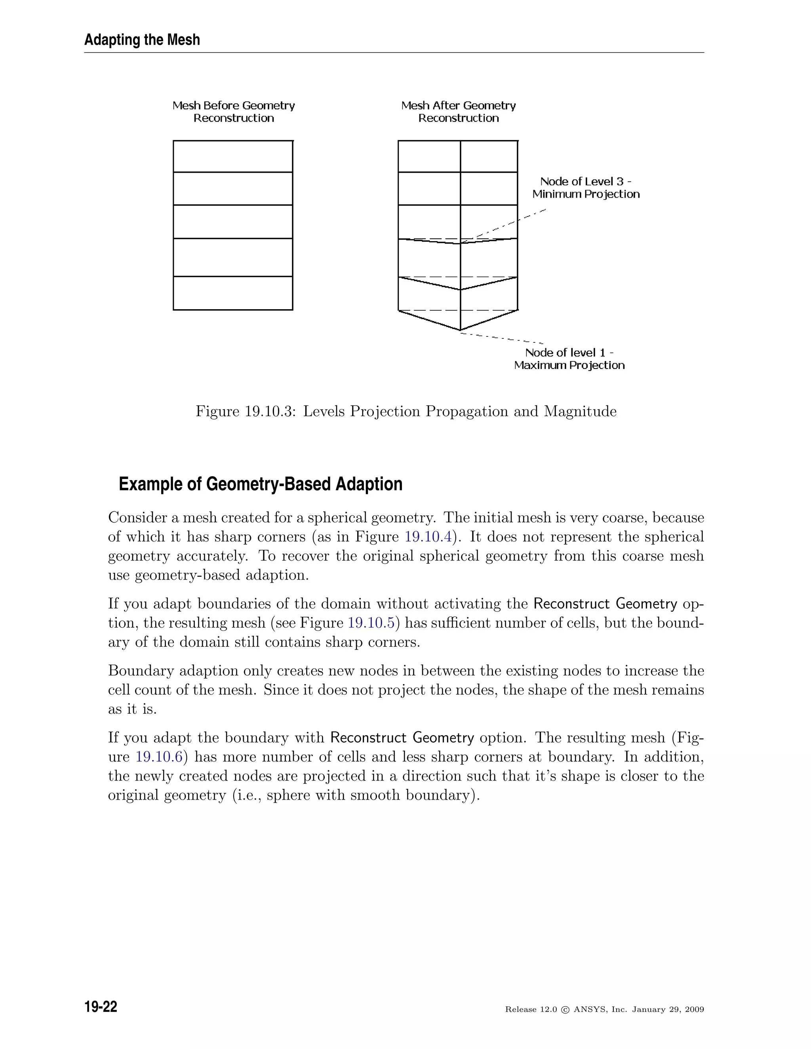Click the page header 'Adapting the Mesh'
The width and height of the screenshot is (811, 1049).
coord(142,40)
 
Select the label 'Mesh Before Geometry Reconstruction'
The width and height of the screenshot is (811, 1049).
coord(234,112)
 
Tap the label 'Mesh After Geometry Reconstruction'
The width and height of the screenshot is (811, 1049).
coord(458,112)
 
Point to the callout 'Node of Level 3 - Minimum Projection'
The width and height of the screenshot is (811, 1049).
coord(586,188)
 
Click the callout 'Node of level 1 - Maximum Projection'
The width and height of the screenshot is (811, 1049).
coord(569,359)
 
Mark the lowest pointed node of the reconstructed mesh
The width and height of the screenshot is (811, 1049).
coord(460,331)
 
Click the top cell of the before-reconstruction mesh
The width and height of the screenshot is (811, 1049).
coord(233,156)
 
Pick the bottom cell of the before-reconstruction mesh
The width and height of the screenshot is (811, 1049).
coord(233,293)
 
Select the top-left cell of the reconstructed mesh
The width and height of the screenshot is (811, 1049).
coord(429,156)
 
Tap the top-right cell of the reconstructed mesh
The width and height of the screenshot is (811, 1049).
coord(489,156)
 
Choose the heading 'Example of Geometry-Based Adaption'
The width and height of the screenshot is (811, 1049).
coord(261,484)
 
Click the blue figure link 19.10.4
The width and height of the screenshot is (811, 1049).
coord(428,537)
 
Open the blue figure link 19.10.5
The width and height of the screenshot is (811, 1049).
coord(371,623)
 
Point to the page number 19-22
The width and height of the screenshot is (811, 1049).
coord(101,1007)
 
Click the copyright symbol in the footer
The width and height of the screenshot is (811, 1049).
coord(565,1010)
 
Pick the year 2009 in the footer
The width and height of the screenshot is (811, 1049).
coord(694,1010)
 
